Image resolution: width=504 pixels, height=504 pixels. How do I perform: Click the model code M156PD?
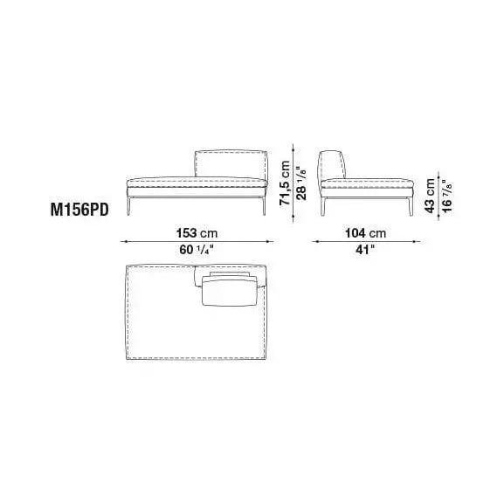(79, 211)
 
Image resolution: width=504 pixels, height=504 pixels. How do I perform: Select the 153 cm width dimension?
(197, 233)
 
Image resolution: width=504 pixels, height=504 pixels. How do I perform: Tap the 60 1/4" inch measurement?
(197, 250)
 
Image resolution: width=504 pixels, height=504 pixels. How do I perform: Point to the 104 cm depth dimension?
(365, 233)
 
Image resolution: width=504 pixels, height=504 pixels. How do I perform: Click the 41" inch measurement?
(365, 250)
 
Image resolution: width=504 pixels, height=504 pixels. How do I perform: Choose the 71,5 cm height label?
(285, 183)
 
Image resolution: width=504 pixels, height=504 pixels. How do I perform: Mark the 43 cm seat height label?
(430, 196)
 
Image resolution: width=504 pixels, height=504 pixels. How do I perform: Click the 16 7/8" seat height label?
(446, 196)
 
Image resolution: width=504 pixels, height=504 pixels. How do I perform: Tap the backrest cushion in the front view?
(231, 163)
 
